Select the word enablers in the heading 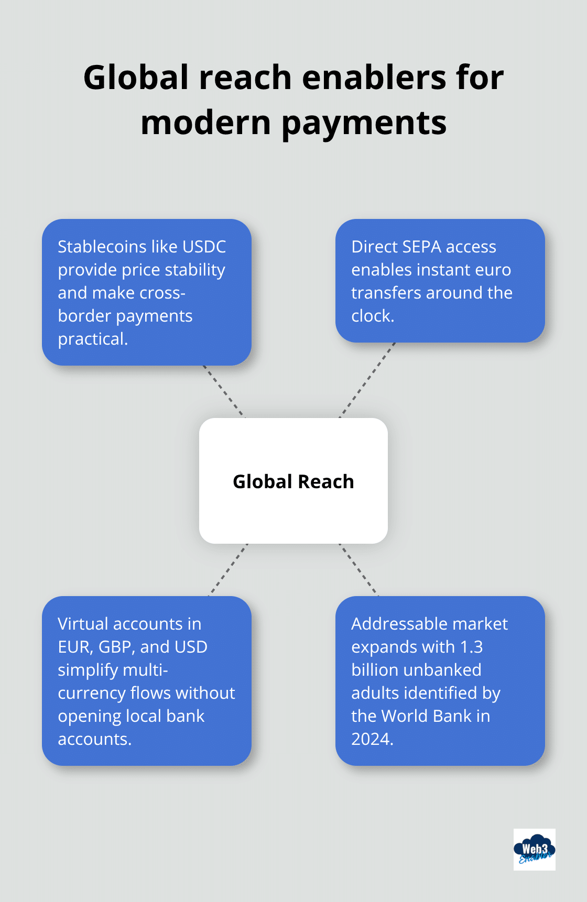(x=374, y=78)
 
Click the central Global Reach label (x=293, y=481)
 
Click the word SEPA (x=421, y=247)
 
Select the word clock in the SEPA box (x=371, y=316)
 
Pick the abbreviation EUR (x=74, y=647)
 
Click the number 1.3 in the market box (x=471, y=647)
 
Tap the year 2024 (x=371, y=739)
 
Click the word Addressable (x=394, y=624)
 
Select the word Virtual (x=83, y=624)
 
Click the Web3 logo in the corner (x=534, y=849)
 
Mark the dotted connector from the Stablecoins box (x=224, y=391)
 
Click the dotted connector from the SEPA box (x=367, y=380)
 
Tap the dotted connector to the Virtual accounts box (x=229, y=569)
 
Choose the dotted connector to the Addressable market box (x=359, y=569)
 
